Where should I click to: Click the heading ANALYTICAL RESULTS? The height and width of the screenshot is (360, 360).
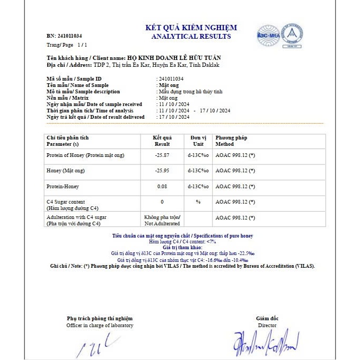coord(191,37)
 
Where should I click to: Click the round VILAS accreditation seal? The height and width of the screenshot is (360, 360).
coord(292,34)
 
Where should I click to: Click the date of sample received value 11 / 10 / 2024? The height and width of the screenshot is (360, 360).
coord(174,104)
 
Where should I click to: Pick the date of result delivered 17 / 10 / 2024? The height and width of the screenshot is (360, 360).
coord(174,117)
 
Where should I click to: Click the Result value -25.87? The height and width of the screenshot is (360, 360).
coord(162,155)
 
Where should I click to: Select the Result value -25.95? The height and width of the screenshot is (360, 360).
coord(162,171)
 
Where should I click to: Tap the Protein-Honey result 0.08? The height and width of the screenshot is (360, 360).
coord(162,187)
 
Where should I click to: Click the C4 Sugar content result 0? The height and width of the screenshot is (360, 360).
coord(162,202)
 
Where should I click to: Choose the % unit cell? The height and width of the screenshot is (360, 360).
coord(198,202)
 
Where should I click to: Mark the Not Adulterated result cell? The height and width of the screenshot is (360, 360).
coord(162,221)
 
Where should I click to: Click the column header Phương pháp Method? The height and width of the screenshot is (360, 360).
coord(231,141)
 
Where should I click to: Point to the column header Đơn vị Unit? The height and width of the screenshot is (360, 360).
coord(198,141)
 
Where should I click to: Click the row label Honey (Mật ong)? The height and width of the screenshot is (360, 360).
coord(66,171)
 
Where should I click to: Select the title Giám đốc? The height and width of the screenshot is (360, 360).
coord(267,318)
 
